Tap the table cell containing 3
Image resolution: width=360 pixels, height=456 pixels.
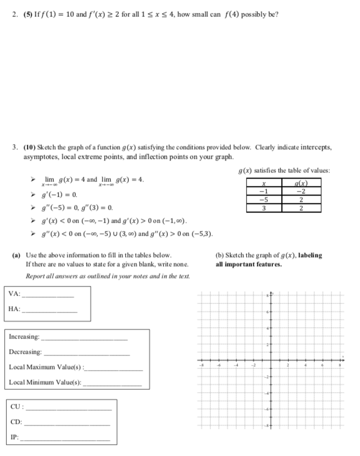(x=262, y=207)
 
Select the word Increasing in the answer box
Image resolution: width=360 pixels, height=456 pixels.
(x=24, y=337)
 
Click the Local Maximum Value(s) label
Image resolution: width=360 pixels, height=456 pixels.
(x=45, y=367)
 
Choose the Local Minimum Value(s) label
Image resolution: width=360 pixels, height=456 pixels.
(x=44, y=383)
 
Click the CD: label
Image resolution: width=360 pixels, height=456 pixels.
(x=17, y=422)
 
